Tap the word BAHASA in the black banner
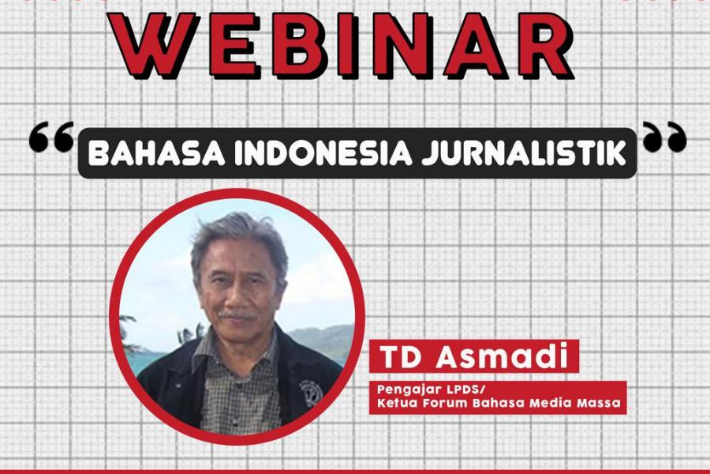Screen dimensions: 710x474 [x=156, y=153]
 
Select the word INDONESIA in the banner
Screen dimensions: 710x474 [x=323, y=153]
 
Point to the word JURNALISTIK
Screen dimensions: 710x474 [x=524, y=153]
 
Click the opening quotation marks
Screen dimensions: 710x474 [x=51, y=136]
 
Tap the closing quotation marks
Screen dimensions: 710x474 [x=665, y=136]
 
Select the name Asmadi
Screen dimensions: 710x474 [x=502, y=356]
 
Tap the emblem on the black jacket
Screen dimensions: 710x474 [x=311, y=392]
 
